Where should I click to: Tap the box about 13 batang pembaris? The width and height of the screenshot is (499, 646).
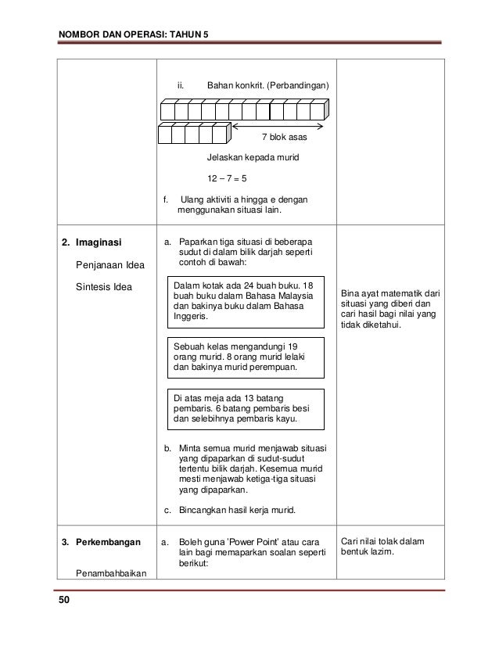point(246,407)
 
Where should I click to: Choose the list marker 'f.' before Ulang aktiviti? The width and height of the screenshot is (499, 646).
point(166,199)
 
